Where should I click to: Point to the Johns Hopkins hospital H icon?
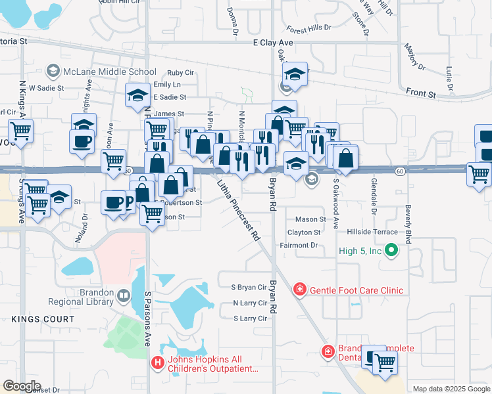(158, 362)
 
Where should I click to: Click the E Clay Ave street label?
(273, 43)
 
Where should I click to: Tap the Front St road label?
(421, 94)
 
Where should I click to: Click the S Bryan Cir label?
(246, 288)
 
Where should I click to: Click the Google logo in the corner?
(21, 386)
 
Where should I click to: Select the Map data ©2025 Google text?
(451, 389)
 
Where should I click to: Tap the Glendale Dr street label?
(373, 198)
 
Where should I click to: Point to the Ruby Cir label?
(180, 73)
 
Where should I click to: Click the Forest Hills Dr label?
(308, 29)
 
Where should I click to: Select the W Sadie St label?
(45, 87)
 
